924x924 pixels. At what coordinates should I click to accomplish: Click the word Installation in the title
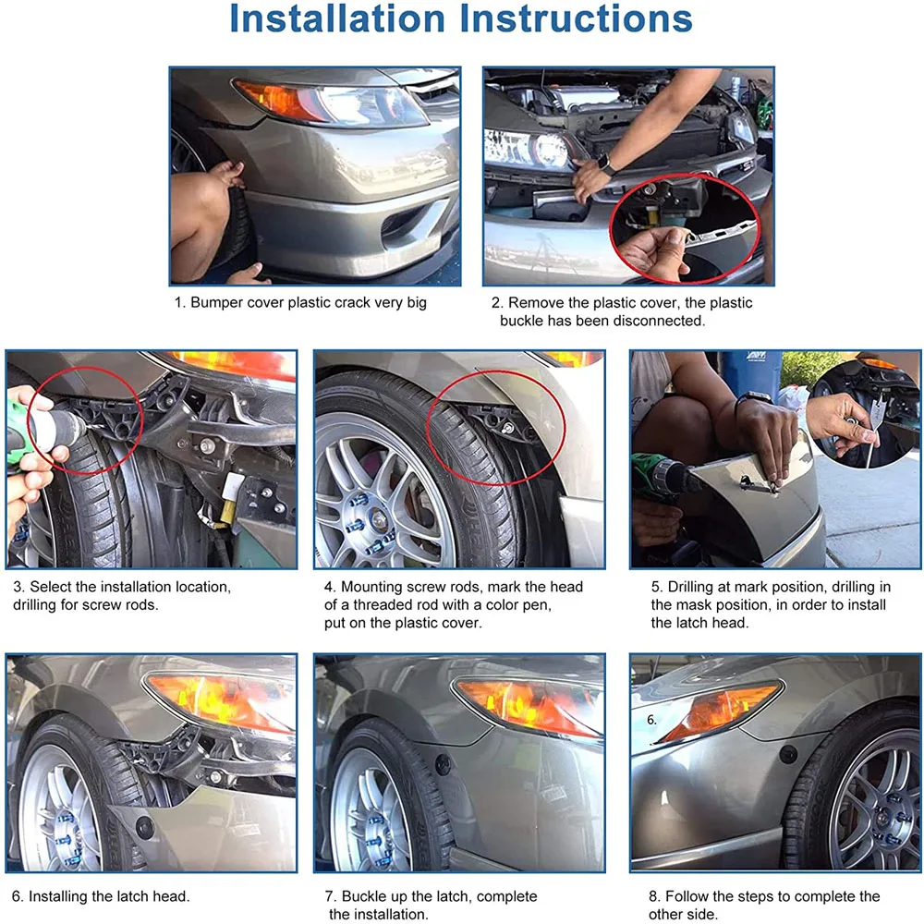tap(336, 18)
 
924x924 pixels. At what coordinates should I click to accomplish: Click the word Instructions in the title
tap(577, 18)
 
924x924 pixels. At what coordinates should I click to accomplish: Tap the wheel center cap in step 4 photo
tap(379, 519)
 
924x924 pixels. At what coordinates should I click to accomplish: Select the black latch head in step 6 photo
tap(144, 827)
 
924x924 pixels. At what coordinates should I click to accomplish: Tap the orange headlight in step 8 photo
tap(719, 710)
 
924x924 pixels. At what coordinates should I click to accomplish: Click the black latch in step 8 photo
tap(788, 754)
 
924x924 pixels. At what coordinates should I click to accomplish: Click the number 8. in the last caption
tap(655, 896)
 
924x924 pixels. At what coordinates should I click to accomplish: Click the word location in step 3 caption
tap(201, 587)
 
